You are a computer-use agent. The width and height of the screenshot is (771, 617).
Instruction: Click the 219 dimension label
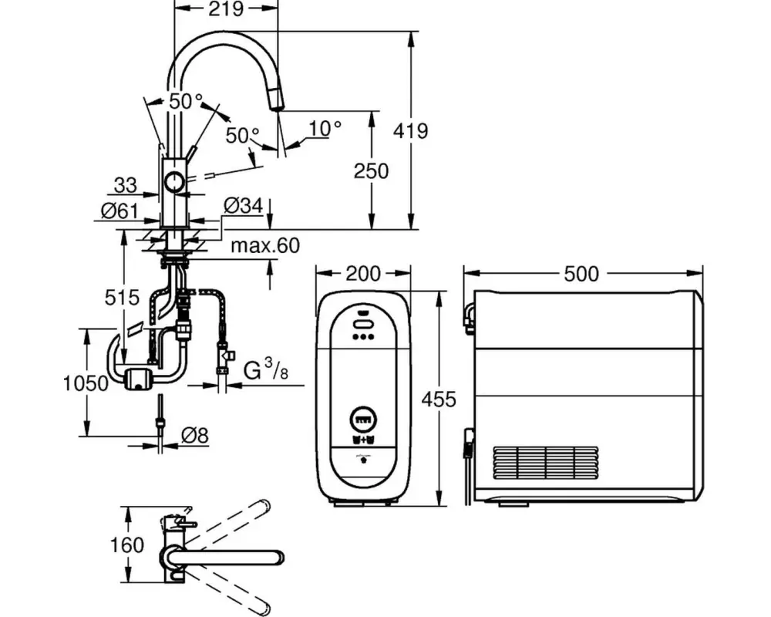click(x=227, y=9)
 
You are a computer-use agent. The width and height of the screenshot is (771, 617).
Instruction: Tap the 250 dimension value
click(x=371, y=170)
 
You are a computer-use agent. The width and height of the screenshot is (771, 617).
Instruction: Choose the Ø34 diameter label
click(x=244, y=205)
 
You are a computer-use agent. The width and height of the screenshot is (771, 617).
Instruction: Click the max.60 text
click(x=264, y=246)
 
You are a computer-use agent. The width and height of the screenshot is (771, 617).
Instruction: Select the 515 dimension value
click(x=123, y=297)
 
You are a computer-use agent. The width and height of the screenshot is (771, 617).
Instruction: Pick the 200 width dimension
click(x=362, y=274)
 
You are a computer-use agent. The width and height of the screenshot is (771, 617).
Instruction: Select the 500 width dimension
click(x=582, y=274)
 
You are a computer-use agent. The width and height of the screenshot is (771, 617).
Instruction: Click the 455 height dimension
click(x=439, y=399)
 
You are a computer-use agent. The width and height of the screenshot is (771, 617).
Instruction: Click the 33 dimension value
click(x=125, y=185)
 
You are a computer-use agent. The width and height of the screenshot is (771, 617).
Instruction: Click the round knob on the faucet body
click(x=175, y=183)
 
